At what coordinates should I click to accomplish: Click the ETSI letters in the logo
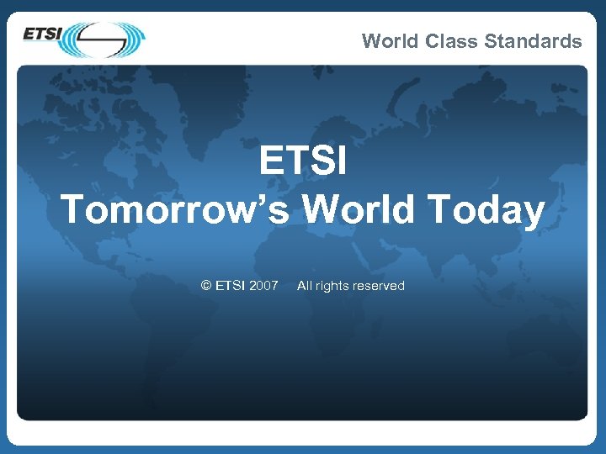[41, 34]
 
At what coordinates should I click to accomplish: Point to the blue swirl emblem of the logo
[105, 39]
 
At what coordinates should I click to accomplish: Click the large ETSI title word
[303, 161]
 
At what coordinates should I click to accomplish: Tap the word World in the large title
[359, 209]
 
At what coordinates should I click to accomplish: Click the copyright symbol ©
[206, 286]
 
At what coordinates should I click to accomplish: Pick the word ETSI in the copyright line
[231, 286]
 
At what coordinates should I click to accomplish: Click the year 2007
[263, 286]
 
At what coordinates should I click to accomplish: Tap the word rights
[332, 286]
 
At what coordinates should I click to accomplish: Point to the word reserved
[378, 286]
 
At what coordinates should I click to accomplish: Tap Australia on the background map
[539, 336]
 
